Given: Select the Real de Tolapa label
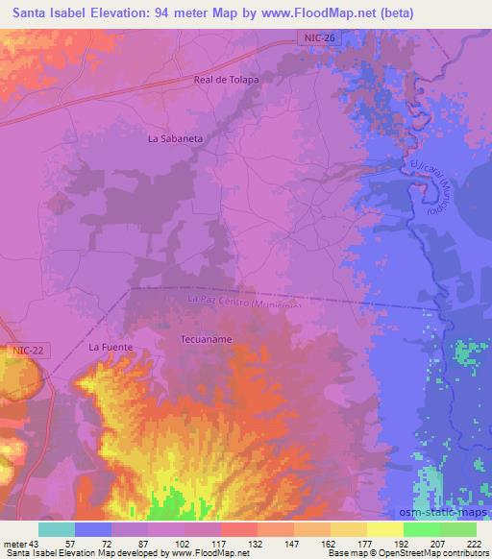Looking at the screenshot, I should coord(227,80).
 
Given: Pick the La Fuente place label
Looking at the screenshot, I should coord(110,346).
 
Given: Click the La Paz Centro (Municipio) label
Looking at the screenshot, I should coord(245,302).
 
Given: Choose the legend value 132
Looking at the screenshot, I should coord(256,544).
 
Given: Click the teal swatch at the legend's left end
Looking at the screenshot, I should coord(56,529).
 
